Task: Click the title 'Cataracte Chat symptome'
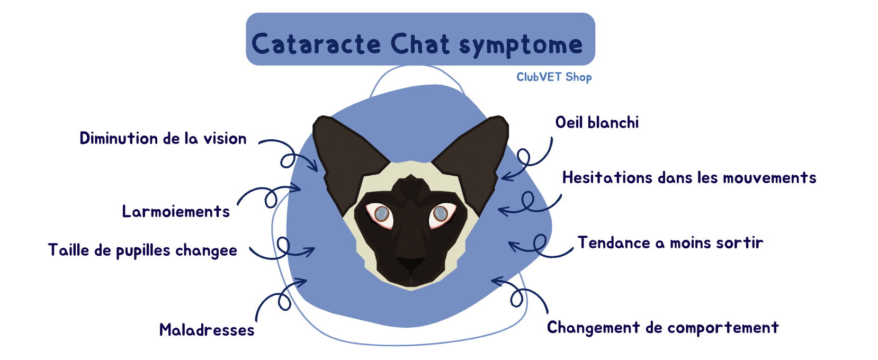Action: pyautogui.click(x=417, y=44)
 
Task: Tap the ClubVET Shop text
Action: pyautogui.click(x=554, y=77)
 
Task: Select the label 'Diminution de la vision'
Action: pyautogui.click(x=163, y=138)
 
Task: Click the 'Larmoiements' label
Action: pyautogui.click(x=176, y=212)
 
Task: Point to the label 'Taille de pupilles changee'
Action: pyautogui.click(x=142, y=250)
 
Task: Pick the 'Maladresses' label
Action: pyautogui.click(x=207, y=330)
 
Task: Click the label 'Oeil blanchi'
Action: pyautogui.click(x=597, y=122)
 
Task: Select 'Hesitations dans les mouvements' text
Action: pyautogui.click(x=689, y=177)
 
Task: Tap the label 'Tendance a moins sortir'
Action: pyautogui.click(x=670, y=242)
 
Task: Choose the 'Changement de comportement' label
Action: pyautogui.click(x=663, y=328)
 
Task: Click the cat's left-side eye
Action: pyautogui.click(x=380, y=214)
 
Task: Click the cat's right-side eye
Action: pyautogui.click(x=442, y=214)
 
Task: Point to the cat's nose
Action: pyautogui.click(x=411, y=264)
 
